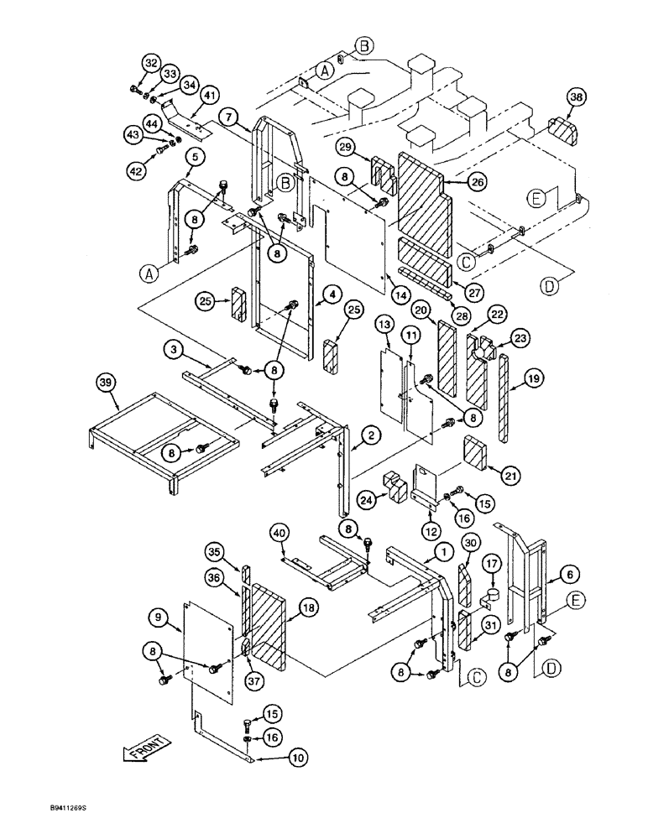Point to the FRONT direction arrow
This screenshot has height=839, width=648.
(x=146, y=748)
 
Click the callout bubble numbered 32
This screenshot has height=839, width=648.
(x=150, y=63)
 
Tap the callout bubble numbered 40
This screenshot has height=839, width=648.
(x=280, y=531)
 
